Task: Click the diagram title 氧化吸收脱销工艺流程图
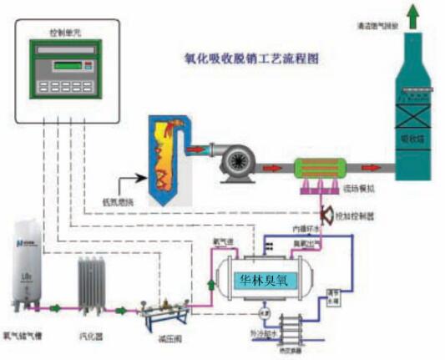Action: [250, 60]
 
